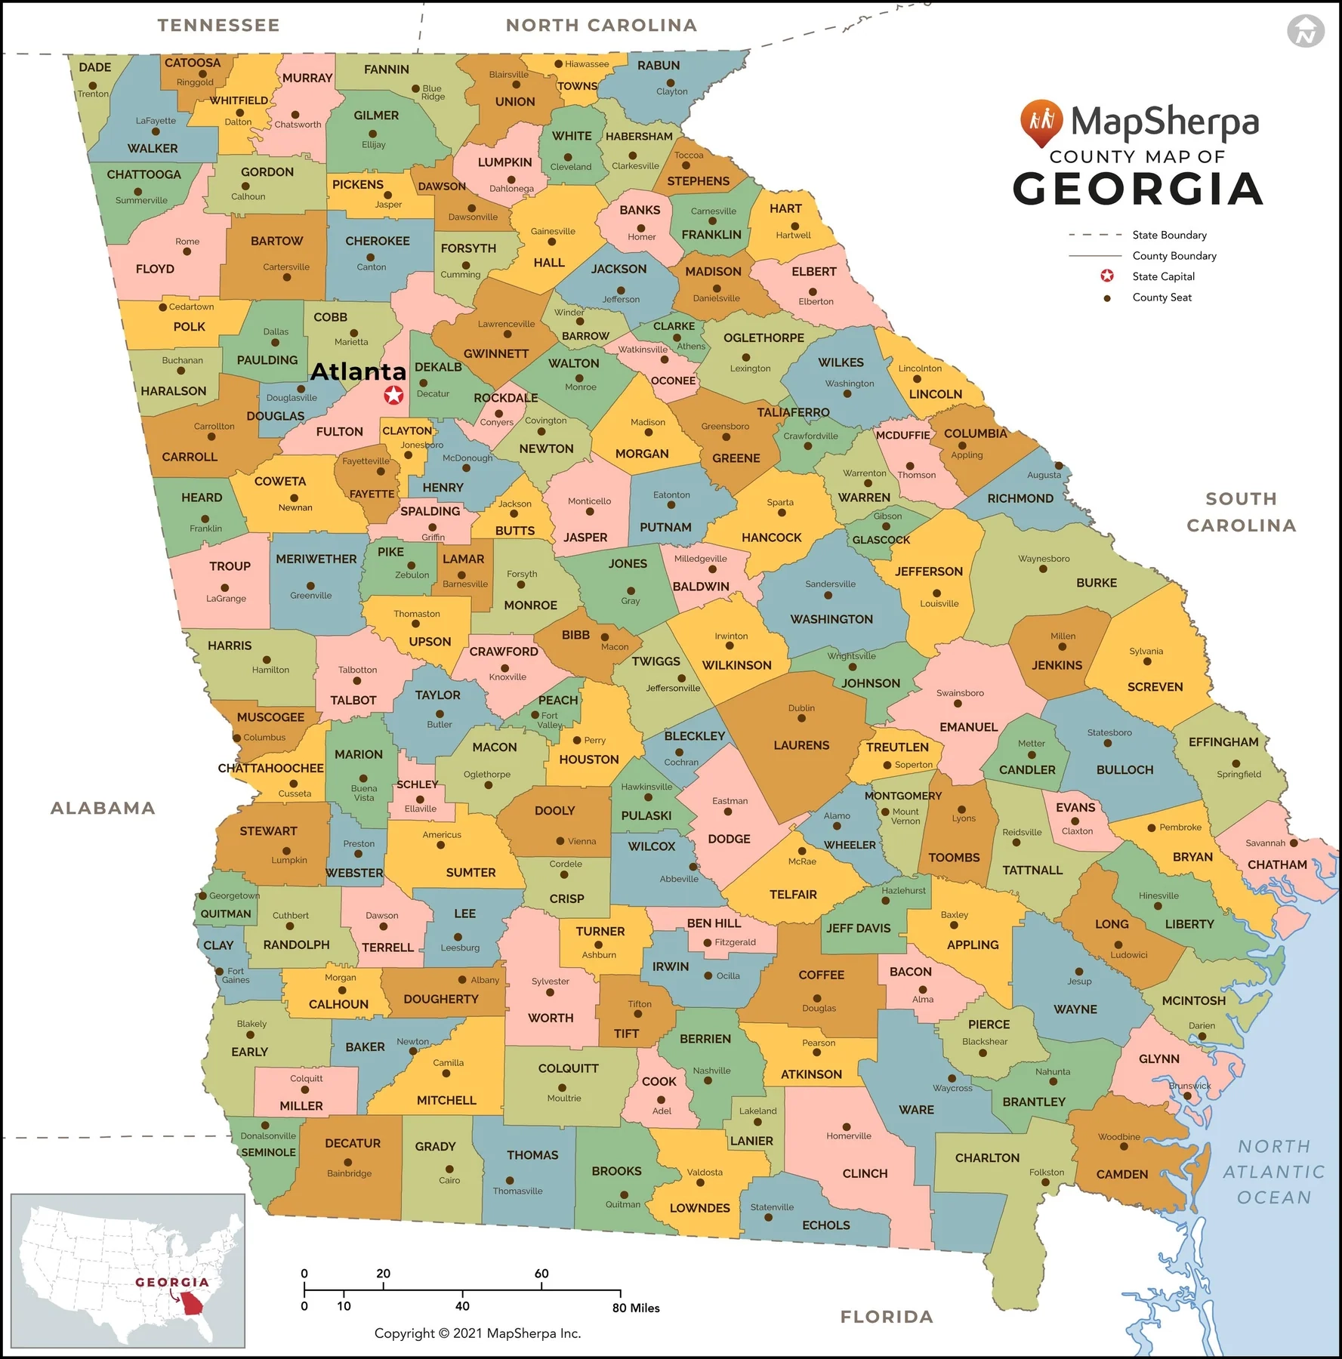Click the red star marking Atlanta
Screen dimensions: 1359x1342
(393, 395)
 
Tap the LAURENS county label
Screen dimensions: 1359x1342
(801, 745)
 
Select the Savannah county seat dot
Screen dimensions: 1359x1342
(1294, 843)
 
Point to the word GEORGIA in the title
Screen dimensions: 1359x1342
(1137, 189)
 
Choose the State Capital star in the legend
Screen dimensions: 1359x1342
(1107, 276)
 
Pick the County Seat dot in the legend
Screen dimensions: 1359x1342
(1107, 298)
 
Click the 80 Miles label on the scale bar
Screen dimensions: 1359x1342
(636, 1308)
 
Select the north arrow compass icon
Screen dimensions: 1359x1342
(1305, 31)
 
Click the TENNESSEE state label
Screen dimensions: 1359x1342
(218, 26)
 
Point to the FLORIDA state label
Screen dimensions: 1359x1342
(887, 1317)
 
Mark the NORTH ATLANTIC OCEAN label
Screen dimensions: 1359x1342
(1274, 1172)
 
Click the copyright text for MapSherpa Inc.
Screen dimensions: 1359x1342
(477, 1333)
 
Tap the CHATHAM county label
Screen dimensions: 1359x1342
(1277, 864)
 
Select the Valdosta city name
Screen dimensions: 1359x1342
(705, 1173)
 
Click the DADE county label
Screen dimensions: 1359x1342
(95, 67)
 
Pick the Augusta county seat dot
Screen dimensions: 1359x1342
(1059, 466)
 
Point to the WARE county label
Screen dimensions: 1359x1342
(916, 1110)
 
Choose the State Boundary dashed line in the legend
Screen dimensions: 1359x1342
(1094, 235)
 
